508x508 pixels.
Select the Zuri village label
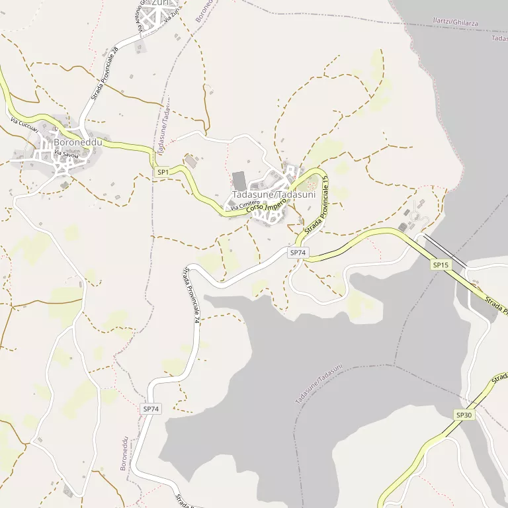(160, 3)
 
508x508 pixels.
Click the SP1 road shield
(163, 172)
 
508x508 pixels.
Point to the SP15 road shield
(441, 265)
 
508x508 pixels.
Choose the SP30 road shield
(464, 415)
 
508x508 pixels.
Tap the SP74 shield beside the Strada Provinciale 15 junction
(298, 253)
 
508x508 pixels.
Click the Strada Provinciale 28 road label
(105, 73)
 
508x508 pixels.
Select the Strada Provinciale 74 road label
(192, 294)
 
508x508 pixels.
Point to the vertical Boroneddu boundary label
(124, 454)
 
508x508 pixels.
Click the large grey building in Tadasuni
(239, 180)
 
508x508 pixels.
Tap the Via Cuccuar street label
(24, 124)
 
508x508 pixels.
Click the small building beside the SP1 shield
(191, 161)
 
